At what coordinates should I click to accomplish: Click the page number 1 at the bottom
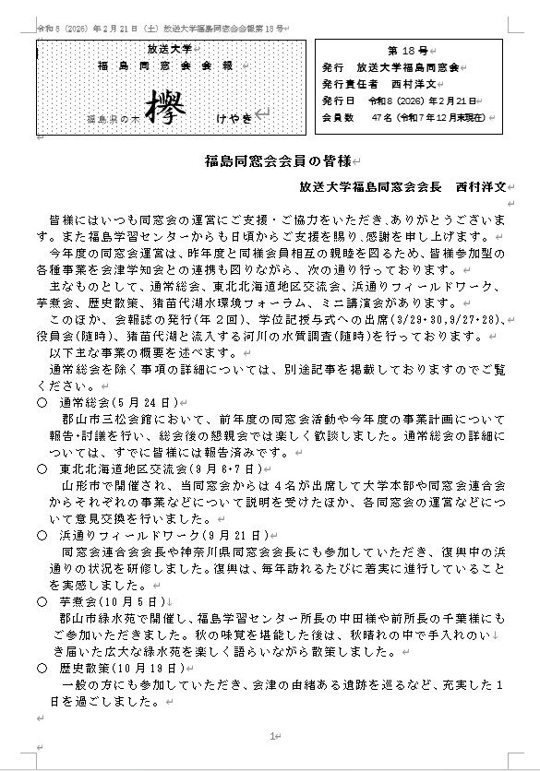coord(271,735)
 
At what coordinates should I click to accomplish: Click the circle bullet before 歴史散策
coord(42,667)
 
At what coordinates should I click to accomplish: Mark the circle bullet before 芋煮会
coord(42,600)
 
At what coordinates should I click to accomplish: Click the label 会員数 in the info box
coord(336,118)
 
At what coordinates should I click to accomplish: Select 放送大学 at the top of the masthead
coord(169,47)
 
